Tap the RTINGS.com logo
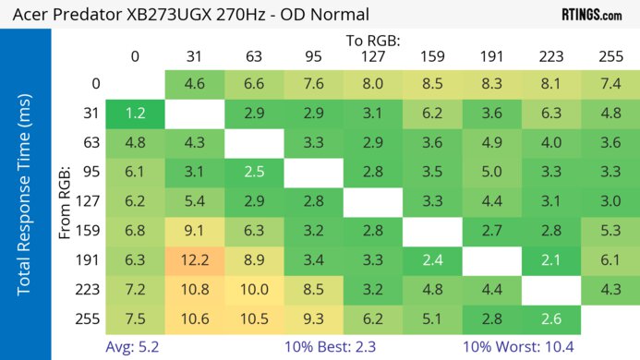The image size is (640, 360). click(591, 15)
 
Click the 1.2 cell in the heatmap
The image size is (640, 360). click(135, 114)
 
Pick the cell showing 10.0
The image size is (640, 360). click(255, 290)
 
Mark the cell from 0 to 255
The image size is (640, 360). click(610, 84)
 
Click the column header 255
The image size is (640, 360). click(610, 56)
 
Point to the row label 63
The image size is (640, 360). click(91, 143)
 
